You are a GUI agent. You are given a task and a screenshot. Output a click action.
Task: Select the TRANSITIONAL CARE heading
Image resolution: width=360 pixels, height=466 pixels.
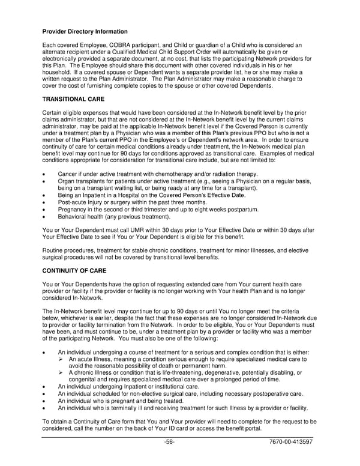pos(73,98)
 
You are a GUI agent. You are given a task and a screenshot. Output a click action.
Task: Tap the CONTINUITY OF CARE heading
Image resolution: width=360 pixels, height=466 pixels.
pos(74,271)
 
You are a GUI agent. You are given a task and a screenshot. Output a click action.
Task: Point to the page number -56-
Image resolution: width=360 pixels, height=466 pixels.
pos(169,442)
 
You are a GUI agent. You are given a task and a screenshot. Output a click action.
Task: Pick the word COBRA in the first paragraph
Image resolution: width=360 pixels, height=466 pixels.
pos(114,45)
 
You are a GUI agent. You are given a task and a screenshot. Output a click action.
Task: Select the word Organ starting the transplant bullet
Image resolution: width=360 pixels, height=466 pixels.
pos(67,181)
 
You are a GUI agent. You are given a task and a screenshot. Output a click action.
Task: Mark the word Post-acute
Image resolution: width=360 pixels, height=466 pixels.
pos(74,202)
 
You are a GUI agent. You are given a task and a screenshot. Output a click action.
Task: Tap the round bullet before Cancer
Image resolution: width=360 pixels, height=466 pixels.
pos(45,174)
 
